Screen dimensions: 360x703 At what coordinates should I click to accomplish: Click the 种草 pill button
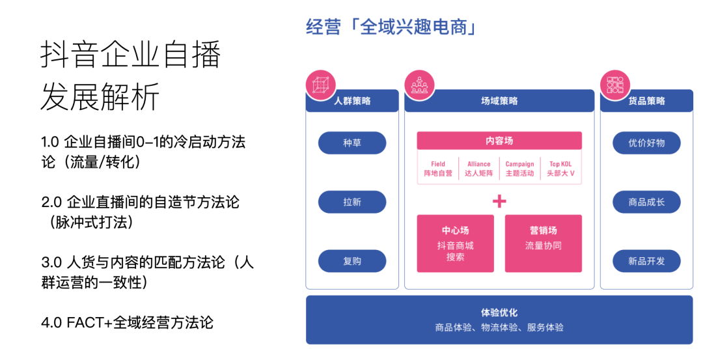tap(352, 143)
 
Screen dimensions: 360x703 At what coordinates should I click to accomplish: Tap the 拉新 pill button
tap(352, 202)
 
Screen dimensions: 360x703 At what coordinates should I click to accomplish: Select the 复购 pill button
tap(352, 261)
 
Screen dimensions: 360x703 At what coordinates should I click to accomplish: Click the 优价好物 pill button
tap(646, 143)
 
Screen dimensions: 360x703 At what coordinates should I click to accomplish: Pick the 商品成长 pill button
tap(646, 202)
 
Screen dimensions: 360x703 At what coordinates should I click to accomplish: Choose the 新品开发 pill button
tap(646, 261)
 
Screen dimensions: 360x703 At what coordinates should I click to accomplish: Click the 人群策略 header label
tap(352, 101)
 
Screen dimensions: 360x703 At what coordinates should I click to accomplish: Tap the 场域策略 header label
tap(499, 101)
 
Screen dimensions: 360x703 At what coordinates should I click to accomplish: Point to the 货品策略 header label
tap(646, 101)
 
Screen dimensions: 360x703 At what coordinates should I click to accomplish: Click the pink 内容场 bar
tap(499, 141)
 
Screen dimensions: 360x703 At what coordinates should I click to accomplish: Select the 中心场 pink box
tap(455, 243)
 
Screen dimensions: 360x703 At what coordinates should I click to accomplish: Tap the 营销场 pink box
tap(543, 243)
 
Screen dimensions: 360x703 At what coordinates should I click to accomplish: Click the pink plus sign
tap(499, 201)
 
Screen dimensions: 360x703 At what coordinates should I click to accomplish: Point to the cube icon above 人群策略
tap(319, 84)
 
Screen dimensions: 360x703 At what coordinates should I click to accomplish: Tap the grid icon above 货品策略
tap(614, 84)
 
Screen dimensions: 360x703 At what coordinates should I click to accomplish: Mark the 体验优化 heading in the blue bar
tap(499, 312)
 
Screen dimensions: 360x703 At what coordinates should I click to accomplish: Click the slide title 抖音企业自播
tap(130, 55)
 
